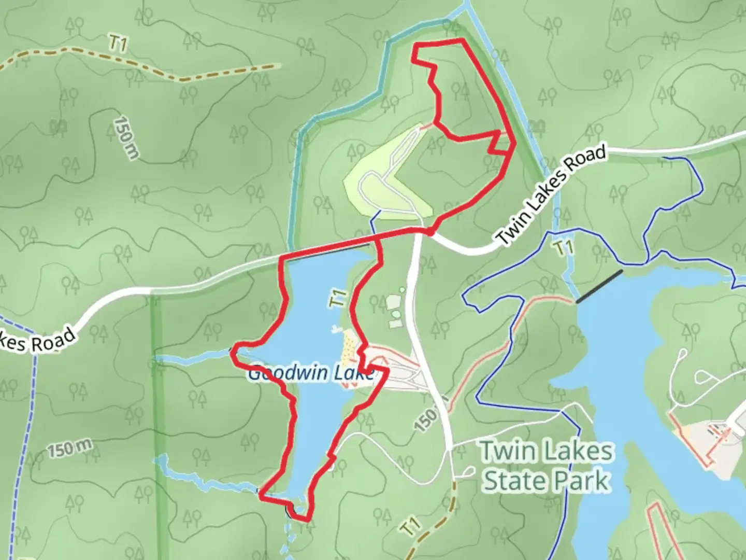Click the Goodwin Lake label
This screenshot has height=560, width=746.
tap(311, 373)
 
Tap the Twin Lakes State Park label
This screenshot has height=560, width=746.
tap(547, 466)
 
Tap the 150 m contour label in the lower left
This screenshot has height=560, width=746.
tap(71, 449)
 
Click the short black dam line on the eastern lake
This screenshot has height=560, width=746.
tap(599, 286)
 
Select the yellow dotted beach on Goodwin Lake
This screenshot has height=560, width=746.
tap(349, 346)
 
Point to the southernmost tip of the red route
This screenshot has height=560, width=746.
tap(306, 518)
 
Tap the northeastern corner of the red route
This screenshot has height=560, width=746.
tap(461, 40)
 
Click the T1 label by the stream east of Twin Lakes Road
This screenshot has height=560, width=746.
tap(564, 248)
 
